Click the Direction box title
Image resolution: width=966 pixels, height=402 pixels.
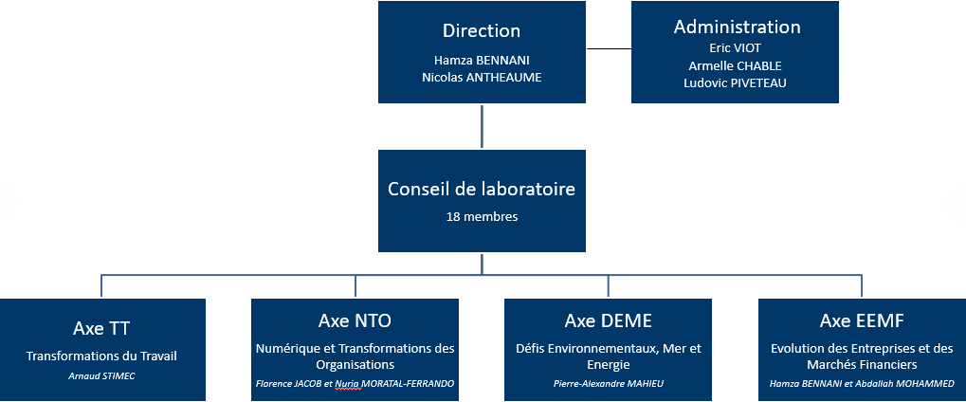[x=482, y=31]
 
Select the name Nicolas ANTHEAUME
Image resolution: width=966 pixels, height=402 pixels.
[x=482, y=78]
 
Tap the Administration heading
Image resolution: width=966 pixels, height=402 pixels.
[x=737, y=27]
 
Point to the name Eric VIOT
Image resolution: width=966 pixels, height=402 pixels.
[x=735, y=47]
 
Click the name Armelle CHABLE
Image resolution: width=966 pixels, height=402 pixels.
[x=735, y=65]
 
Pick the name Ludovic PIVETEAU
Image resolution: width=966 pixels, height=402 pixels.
[x=735, y=83]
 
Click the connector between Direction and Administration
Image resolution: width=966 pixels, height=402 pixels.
[x=609, y=48]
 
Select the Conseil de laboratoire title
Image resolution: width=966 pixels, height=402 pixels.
[x=482, y=189]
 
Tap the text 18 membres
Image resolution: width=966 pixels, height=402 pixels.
[x=482, y=217]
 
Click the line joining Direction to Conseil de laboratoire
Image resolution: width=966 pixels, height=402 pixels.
[x=482, y=126]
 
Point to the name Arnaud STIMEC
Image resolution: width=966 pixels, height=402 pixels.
[x=101, y=375]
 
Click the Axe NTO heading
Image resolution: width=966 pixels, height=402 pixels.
[x=355, y=320]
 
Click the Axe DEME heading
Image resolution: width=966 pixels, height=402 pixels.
[x=608, y=320]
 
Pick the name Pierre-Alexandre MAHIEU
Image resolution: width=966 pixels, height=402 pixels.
[x=608, y=383]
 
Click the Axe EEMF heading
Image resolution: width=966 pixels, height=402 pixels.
[x=862, y=320]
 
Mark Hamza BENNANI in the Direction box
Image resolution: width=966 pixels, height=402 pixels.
[x=482, y=61]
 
